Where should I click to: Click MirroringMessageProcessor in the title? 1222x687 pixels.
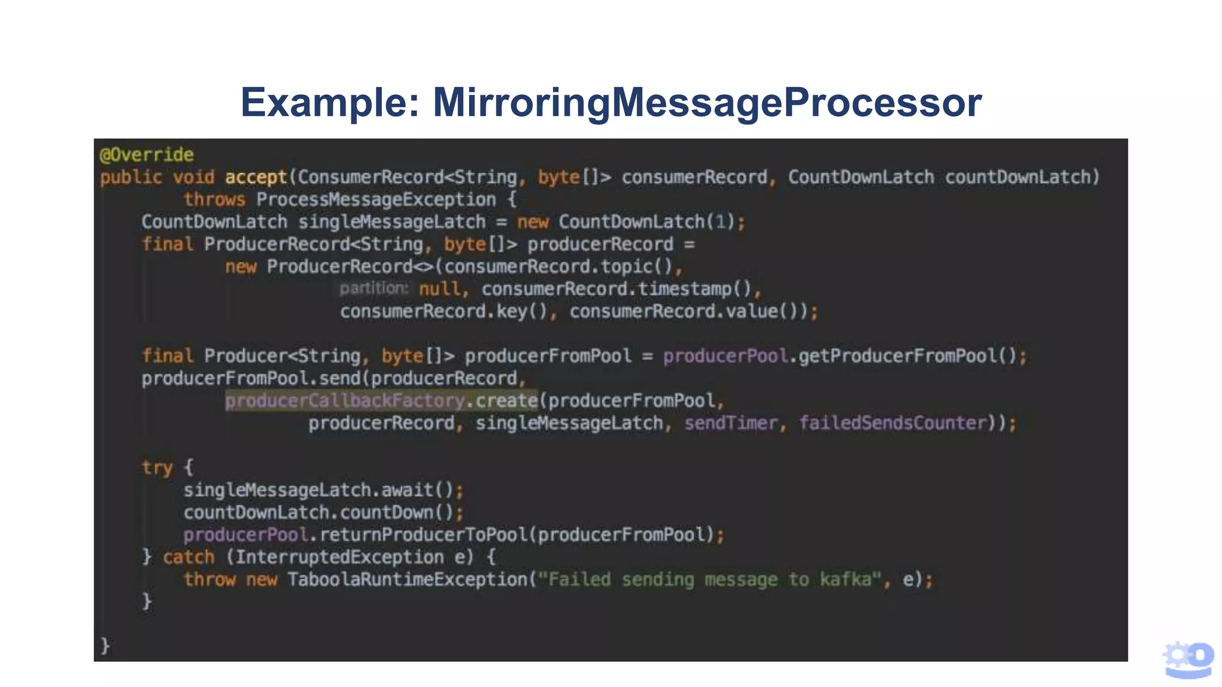pyautogui.click(x=707, y=103)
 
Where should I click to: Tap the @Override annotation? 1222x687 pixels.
pyautogui.click(x=147, y=155)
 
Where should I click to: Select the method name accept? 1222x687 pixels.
pyautogui.click(x=256, y=177)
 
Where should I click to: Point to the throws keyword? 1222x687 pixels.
pyautogui.click(x=214, y=200)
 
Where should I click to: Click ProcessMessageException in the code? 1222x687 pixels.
pyautogui.click(x=376, y=200)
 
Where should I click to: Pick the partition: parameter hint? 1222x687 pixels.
pyautogui.click(x=374, y=289)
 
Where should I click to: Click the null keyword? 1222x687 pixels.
pyautogui.click(x=439, y=289)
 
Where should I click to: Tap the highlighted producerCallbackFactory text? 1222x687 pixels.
pyautogui.click(x=345, y=401)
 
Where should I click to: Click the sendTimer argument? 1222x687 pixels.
pyautogui.click(x=731, y=423)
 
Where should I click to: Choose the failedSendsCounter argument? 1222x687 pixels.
pyautogui.click(x=893, y=423)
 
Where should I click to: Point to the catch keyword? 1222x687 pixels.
pyautogui.click(x=188, y=558)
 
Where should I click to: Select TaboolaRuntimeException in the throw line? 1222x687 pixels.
pyautogui.click(x=408, y=580)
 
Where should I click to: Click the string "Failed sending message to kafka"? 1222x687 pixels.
pyautogui.click(x=710, y=580)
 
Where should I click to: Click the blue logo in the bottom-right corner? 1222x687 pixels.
pyautogui.click(x=1188, y=660)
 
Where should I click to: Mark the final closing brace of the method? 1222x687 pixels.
pyautogui.click(x=106, y=646)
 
